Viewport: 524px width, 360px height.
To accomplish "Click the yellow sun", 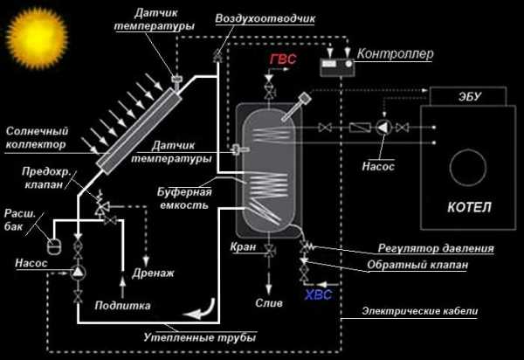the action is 37,38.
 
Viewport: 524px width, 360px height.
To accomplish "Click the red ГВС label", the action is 283,59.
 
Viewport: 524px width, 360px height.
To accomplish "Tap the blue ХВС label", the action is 319,294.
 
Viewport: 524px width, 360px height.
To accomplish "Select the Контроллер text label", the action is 396,53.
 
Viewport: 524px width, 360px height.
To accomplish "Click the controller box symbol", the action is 337,67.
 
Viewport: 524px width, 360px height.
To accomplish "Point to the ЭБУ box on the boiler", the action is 468,96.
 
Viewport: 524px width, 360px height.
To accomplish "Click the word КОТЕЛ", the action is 469,207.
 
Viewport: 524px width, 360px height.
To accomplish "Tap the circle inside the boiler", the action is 468,168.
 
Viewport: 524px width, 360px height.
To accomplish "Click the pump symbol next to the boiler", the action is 384,128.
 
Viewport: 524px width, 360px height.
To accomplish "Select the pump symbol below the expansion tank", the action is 78,273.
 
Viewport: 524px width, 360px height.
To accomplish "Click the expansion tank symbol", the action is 54,246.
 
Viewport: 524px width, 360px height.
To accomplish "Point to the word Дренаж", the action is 154,273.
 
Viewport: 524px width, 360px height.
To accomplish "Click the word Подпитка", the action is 122,306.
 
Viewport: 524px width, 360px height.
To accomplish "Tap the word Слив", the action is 269,303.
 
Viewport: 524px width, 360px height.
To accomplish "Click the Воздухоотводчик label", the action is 265,18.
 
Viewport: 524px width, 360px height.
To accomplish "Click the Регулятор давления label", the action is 436,248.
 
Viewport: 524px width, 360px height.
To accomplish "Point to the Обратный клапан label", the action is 417,265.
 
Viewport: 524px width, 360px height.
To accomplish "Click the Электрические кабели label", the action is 420,311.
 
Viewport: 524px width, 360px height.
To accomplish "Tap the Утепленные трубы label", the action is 200,337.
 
